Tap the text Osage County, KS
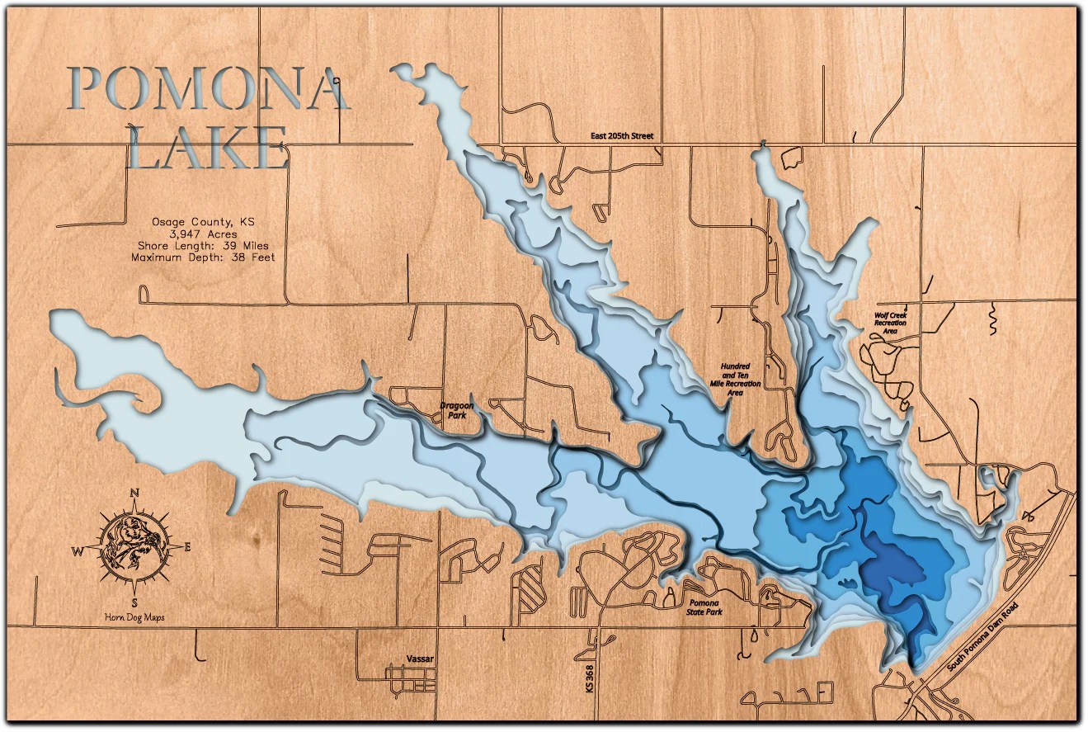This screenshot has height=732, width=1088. point(202,222)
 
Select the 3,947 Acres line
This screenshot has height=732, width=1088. point(203,234)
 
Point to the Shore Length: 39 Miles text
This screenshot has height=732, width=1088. point(203,246)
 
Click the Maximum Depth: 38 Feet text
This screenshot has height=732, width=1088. point(203,257)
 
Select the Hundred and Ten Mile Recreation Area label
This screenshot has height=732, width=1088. point(735,380)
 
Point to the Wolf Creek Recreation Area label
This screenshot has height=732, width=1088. point(891,323)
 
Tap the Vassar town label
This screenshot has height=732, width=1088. point(420,659)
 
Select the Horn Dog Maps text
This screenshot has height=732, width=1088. point(134,616)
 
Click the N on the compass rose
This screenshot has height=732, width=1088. point(134,494)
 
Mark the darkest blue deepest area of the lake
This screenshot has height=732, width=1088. point(895,572)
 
